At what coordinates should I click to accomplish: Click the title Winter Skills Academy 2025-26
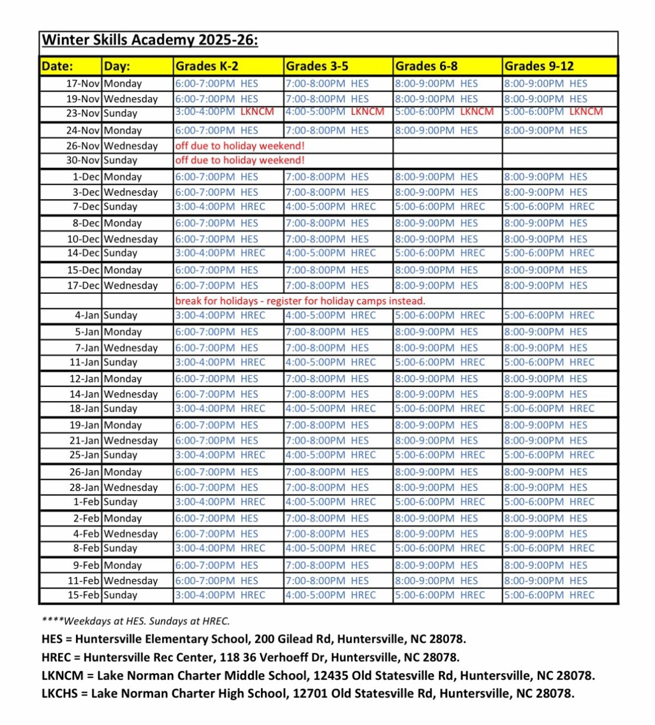149,40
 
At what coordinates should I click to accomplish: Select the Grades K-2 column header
207,66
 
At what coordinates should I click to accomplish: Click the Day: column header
117,66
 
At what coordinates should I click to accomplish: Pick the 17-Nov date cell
82,84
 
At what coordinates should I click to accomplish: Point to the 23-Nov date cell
82,113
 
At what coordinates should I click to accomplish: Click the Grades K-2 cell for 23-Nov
224,112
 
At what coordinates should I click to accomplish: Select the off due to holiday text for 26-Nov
240,146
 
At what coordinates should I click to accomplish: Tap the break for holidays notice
300,301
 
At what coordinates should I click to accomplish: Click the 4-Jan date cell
87,316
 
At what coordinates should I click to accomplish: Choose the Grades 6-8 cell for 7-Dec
439,207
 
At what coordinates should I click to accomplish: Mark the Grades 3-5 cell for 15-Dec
327,270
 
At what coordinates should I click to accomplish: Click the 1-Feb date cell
86,502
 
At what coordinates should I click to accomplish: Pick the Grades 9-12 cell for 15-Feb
549,595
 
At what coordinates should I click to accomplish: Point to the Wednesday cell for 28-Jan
130,488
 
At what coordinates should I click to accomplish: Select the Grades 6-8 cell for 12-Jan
436,379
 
